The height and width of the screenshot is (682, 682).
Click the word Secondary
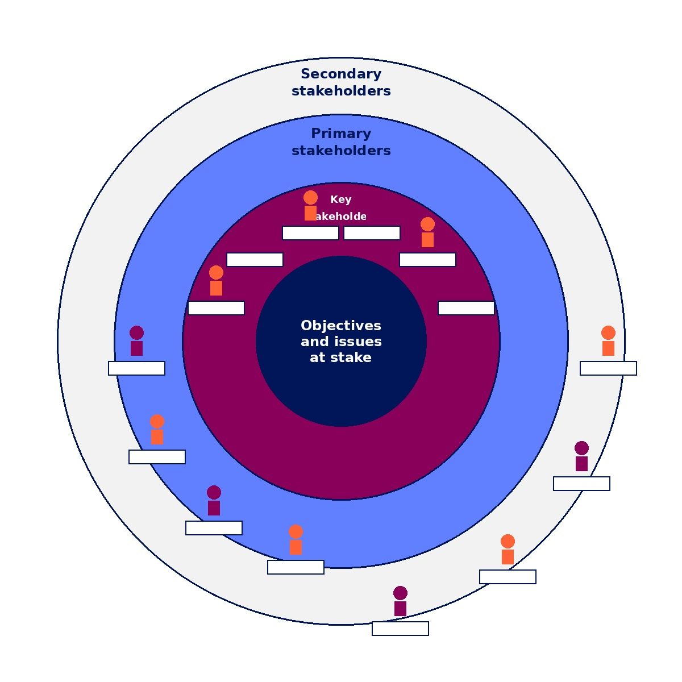341,74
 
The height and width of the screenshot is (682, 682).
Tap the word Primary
341,134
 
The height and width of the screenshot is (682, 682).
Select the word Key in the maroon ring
341,199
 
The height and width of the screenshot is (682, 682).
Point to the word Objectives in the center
341,326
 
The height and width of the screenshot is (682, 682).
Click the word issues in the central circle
357,342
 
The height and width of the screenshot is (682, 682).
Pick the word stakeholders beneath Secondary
341,91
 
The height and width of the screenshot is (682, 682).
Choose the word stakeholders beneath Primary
341,151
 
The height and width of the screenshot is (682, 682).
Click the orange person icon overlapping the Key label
310,206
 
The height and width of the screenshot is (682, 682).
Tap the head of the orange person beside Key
310,198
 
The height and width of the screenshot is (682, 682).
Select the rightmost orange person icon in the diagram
608,341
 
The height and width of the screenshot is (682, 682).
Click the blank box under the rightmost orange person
608,368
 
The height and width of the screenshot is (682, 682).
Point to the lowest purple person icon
400,601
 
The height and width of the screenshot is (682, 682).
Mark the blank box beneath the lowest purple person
400,629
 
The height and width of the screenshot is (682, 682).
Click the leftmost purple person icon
136,341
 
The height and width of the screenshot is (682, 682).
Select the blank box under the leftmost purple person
136,368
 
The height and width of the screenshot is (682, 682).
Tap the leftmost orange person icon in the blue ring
157,430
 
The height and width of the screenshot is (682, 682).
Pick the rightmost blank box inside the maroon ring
466,308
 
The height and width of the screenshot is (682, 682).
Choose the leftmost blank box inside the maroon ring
216,308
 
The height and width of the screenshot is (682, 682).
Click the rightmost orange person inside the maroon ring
427,232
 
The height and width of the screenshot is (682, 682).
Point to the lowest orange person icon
508,550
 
